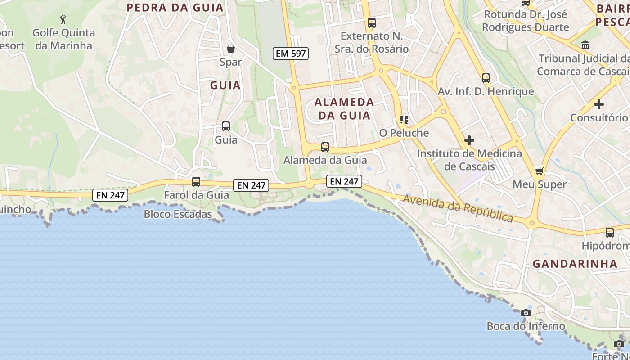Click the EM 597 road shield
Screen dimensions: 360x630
coord(290,54)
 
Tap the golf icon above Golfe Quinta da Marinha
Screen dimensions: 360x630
coord(63,19)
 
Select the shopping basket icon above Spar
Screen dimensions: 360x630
coord(231,48)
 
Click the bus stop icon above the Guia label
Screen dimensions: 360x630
coord(226,126)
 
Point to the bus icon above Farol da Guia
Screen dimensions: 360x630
coord(196,182)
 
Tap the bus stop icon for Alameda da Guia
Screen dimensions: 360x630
coord(325,147)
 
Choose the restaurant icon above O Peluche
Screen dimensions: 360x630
coord(404,120)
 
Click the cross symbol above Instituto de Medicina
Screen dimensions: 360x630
coord(469,140)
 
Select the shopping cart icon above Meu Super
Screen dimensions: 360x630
coord(540,171)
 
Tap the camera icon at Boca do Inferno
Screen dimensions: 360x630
coord(526,313)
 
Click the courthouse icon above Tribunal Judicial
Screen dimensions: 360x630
coord(586,45)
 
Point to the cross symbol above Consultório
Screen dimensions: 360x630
coord(598,104)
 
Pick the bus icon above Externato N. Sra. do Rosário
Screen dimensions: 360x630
coord(371,23)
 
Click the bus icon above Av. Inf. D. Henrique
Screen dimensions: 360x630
coord(486,78)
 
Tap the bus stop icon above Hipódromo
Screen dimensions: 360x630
coord(610,233)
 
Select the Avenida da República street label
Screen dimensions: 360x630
coord(458,208)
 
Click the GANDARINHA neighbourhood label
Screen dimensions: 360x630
coord(575,264)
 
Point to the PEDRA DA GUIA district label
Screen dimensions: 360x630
coord(175,8)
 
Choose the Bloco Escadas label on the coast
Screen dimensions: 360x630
coord(178,214)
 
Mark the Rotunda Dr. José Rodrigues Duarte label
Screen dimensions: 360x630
coord(525,21)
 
